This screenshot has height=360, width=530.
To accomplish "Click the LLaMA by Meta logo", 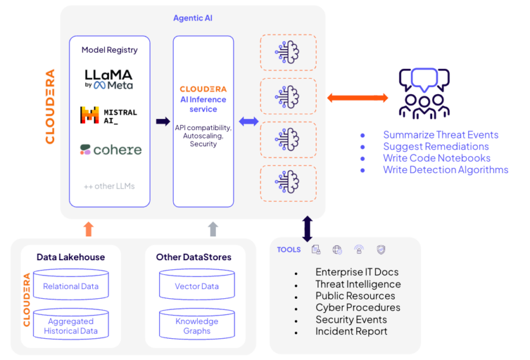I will coord(109,79).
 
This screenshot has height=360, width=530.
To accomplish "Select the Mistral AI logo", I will coord(108,115).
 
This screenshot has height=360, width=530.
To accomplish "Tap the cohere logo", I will coord(110,149).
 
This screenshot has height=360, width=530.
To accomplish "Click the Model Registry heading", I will coord(109,50).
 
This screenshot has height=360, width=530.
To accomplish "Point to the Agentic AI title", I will coord(193,18).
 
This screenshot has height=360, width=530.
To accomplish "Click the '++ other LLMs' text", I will coord(109,186).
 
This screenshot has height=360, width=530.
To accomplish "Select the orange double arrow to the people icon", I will coord(357,98).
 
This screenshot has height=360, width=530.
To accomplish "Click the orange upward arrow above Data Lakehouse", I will coord(89,229).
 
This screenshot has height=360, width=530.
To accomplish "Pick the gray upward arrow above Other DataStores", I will coord(214,229).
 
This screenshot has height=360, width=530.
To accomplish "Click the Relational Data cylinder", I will coord(71,286).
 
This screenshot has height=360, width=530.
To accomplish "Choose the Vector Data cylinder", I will coord(196,286).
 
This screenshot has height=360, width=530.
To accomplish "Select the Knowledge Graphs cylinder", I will coord(196,325).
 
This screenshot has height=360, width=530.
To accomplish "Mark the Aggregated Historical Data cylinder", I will coord(71,325).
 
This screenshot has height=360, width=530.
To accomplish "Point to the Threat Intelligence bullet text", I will coord(358,284).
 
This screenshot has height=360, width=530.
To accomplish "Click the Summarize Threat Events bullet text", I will coord(440,135).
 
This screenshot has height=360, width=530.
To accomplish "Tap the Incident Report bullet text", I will coord(351,331).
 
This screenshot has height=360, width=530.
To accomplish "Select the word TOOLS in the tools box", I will coord(289,250).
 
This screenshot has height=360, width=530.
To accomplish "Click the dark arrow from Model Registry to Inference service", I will coord(163,121).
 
